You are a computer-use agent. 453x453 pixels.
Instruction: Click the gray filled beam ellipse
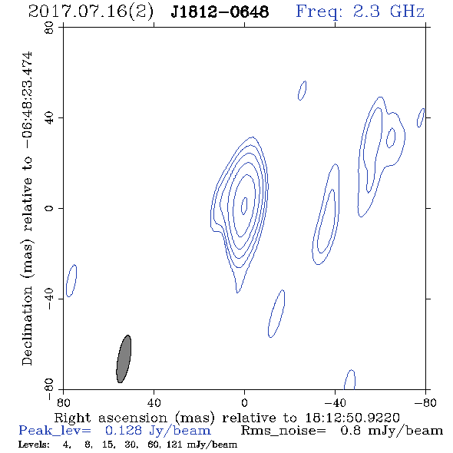[x=124, y=359]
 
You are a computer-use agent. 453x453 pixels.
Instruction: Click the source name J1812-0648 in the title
[x=220, y=12]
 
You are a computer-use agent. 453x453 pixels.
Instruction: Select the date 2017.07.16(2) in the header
[x=91, y=12]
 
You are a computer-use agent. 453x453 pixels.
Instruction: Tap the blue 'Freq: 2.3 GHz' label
[x=360, y=12]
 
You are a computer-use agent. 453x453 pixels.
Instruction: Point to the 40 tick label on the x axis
[x=154, y=403]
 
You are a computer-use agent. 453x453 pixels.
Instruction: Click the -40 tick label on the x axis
[x=335, y=403]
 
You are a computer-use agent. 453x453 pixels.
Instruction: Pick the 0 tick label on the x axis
[x=244, y=403]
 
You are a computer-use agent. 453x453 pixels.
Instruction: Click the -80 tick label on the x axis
[x=425, y=403]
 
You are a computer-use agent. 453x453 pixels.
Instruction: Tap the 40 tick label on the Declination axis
[x=49, y=118]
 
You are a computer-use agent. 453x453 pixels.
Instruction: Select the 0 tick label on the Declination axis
[x=49, y=208]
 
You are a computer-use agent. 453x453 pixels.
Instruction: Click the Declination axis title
[x=27, y=208]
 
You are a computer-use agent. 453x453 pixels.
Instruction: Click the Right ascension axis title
[x=227, y=418]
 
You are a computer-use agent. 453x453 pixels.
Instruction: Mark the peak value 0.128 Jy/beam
[x=157, y=431]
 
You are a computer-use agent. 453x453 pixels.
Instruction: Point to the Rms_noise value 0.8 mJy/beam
[x=391, y=431]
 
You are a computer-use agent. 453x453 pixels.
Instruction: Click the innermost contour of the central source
[x=242, y=206]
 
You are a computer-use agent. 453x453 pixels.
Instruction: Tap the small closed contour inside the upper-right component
[x=387, y=137]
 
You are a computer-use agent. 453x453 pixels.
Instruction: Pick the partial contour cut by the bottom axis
[x=345, y=379]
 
